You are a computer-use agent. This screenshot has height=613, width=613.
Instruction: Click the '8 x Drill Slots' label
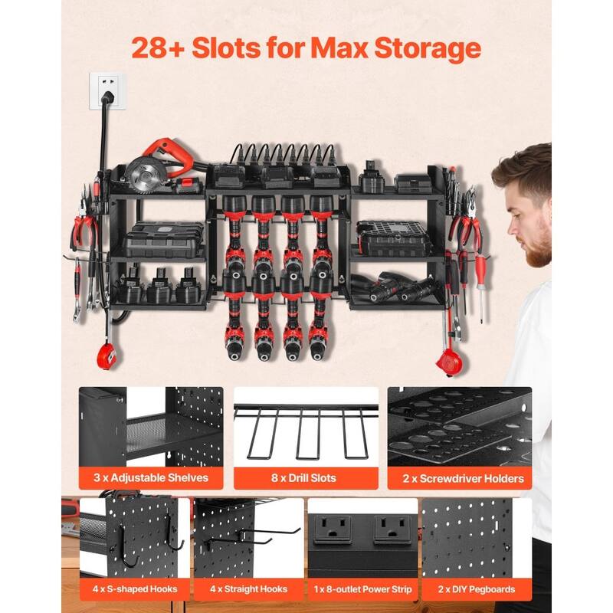tap(306, 478)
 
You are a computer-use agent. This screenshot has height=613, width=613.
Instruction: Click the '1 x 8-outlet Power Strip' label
tap(362, 588)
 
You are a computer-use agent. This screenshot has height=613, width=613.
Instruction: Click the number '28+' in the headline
tap(160, 48)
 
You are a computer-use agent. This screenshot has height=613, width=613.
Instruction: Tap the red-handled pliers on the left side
tap(84, 234)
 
